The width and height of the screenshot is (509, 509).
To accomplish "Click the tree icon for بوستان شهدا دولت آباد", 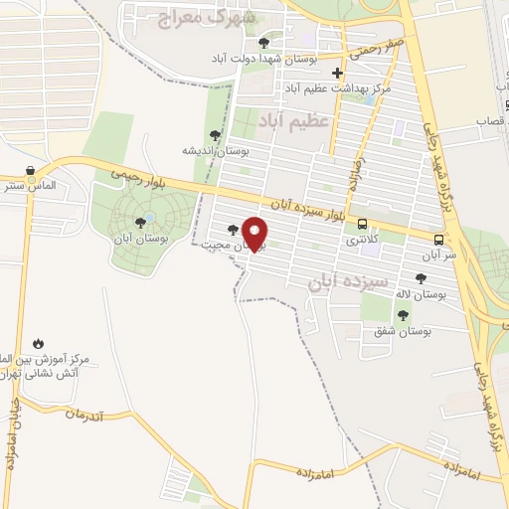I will (263, 43).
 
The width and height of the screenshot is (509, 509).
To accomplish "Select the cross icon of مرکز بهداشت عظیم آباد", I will (338, 73).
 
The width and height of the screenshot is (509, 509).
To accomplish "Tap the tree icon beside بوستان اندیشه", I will (215, 135).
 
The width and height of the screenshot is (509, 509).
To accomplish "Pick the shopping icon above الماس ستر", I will (32, 170).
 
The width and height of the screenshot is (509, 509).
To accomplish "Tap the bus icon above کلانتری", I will (362, 224).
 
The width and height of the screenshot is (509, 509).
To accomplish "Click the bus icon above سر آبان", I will (438, 239).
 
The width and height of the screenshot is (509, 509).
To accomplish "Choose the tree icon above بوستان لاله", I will (421, 278).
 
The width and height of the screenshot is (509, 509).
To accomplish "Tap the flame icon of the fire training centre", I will (38, 342).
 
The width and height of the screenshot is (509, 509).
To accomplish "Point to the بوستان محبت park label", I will (223, 244).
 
